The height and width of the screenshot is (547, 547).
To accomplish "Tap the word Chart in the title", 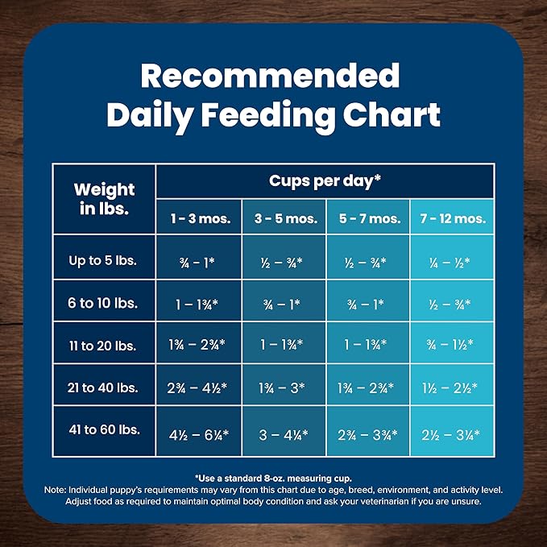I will [x=389, y=114].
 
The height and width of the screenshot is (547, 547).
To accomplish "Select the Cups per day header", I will [x=325, y=180].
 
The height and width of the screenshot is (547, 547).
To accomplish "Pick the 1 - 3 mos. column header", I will [x=198, y=218].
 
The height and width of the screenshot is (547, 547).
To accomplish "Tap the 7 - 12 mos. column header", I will [x=452, y=218].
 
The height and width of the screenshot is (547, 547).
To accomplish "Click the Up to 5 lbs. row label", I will [x=104, y=261].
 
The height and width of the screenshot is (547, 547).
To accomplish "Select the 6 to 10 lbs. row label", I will [x=104, y=303].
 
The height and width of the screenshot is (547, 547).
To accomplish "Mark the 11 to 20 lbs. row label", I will [x=104, y=345].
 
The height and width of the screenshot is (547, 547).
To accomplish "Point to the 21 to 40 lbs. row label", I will [x=104, y=387].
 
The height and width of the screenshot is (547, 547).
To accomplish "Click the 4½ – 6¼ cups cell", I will [x=198, y=434].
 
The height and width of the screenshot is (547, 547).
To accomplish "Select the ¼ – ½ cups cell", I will [x=452, y=261].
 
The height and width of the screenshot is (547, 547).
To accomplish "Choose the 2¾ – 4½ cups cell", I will [x=198, y=387].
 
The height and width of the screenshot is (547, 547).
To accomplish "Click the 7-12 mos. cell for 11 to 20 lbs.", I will [x=452, y=345].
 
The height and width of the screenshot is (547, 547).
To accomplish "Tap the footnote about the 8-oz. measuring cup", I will [x=273, y=478].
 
